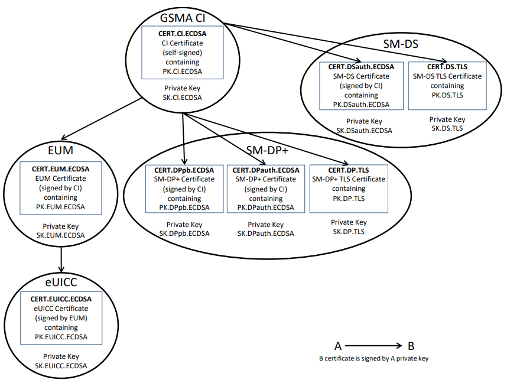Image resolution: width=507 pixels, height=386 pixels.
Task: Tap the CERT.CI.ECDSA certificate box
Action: [x=183, y=52]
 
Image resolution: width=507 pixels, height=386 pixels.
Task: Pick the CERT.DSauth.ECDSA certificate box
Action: [x=362, y=86]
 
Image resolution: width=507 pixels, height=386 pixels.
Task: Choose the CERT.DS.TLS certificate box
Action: [x=447, y=86]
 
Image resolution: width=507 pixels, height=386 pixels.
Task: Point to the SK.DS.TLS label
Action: [x=447, y=128]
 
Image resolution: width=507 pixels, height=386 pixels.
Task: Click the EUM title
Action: [x=61, y=149]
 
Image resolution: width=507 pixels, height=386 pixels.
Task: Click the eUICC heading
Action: [x=61, y=281]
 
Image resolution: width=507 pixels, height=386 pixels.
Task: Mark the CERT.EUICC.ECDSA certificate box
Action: [x=61, y=318]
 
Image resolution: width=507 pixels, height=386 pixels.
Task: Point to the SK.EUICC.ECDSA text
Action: [x=61, y=366]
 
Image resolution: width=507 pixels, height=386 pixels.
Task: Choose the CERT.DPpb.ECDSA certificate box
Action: [x=184, y=189]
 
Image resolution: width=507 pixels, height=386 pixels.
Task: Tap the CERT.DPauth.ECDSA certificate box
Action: [x=266, y=189]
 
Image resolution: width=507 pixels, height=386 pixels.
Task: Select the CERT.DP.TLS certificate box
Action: [x=349, y=189]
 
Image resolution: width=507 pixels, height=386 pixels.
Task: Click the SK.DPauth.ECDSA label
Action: [x=266, y=233]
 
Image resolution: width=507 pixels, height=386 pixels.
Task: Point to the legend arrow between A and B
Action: [x=373, y=346]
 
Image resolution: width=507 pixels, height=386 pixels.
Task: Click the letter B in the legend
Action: [x=412, y=346]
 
